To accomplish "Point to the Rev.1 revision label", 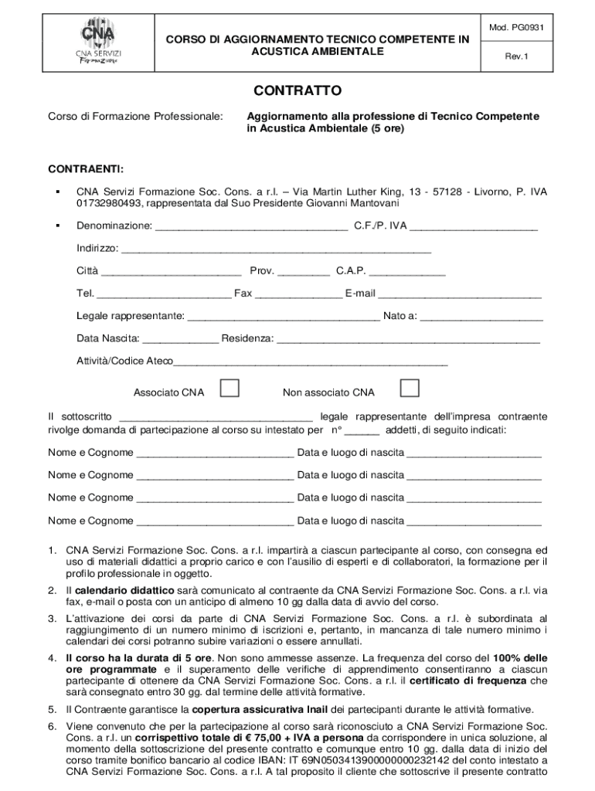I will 517,56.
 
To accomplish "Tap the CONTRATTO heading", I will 297,90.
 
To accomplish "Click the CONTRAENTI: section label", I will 86,168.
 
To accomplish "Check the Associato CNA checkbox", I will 229,388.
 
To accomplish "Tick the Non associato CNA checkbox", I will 409,388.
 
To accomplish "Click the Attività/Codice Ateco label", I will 124,361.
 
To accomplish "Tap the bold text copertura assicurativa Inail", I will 260,708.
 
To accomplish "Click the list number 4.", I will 51,658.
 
